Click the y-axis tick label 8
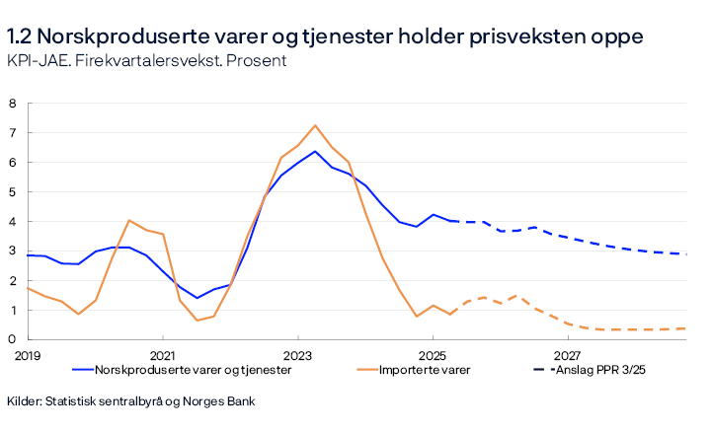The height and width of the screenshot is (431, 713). click(13, 103)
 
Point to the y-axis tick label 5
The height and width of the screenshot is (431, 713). click(13, 191)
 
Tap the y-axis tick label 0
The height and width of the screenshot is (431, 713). click(13, 339)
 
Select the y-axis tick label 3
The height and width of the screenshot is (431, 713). click(13, 251)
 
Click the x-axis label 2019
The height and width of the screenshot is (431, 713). click(27, 354)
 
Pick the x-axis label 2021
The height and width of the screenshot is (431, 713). click(162, 354)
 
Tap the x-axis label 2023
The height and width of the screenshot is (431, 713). click(297, 354)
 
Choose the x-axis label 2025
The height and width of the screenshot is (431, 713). click(433, 354)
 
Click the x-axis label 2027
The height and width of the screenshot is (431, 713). click(567, 354)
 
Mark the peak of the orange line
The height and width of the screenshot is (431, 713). click(315, 125)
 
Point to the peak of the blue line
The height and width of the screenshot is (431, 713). click(315, 151)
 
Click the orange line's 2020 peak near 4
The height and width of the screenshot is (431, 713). click(129, 220)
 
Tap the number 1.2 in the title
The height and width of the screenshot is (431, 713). click(22, 36)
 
